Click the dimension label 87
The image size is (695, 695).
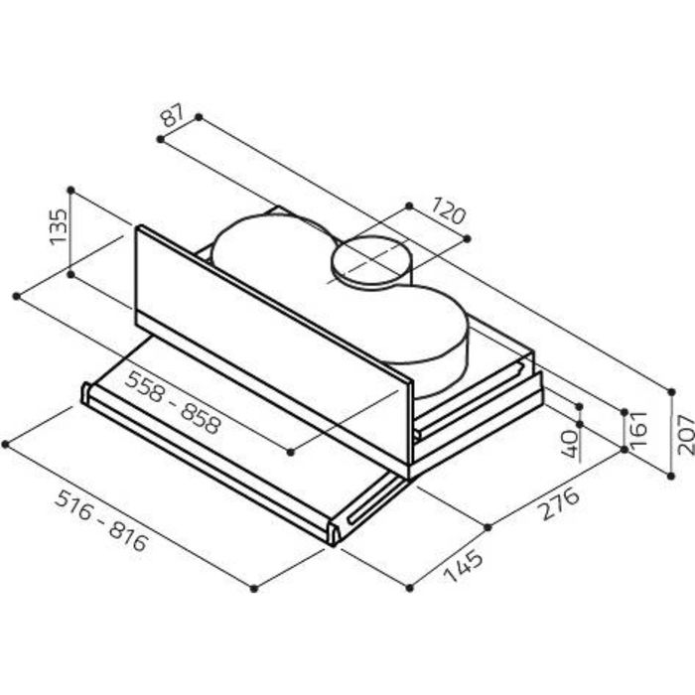172,115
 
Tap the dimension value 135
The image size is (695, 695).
59,227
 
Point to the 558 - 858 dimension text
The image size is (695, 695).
173,402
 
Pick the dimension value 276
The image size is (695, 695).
560,504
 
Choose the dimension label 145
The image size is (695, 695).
464,566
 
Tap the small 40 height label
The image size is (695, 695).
570,444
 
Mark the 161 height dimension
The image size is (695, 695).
638,429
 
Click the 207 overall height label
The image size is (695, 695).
685,435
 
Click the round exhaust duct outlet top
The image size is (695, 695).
371,259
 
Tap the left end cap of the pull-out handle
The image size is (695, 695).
85,392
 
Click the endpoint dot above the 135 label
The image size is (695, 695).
70,191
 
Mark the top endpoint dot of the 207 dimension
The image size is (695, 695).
671,392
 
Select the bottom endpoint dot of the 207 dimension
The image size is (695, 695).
671,476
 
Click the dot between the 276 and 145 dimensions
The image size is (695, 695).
488,527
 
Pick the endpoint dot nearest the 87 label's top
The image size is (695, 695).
199,117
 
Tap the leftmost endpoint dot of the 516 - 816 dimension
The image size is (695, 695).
5,444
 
